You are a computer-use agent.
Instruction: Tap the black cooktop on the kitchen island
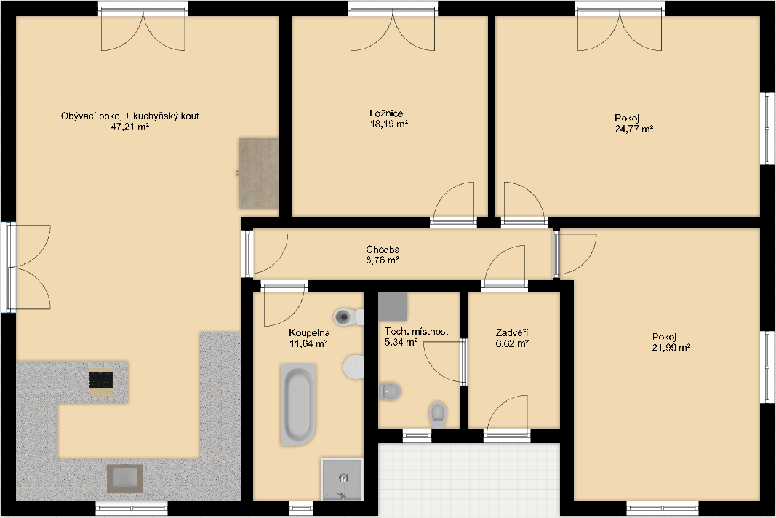tap(101, 380)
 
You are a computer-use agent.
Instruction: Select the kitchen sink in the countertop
tap(125, 479)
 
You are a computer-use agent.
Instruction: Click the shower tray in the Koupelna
tap(342, 479)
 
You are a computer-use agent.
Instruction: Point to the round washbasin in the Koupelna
tap(353, 367)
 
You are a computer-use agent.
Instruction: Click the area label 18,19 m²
tap(389, 124)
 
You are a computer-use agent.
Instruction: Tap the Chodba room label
tap(383, 250)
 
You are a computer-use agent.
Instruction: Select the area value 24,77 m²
tap(634, 129)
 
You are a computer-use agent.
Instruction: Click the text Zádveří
tap(512, 332)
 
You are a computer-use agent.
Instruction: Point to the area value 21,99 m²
tap(671, 348)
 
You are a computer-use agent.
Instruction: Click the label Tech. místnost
tap(416, 331)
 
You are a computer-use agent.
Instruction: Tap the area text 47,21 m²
tap(130, 127)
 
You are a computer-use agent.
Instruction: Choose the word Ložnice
tap(386, 113)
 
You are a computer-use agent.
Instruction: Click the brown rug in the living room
tap(258, 173)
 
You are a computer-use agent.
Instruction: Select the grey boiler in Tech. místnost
tap(393, 306)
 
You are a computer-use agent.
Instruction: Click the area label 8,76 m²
tap(383, 260)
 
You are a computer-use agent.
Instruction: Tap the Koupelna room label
tap(309, 332)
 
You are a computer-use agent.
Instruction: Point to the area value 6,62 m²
tap(512, 343)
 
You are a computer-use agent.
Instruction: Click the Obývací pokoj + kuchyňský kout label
tap(130, 116)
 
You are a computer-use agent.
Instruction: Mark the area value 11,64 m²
tap(308, 343)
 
